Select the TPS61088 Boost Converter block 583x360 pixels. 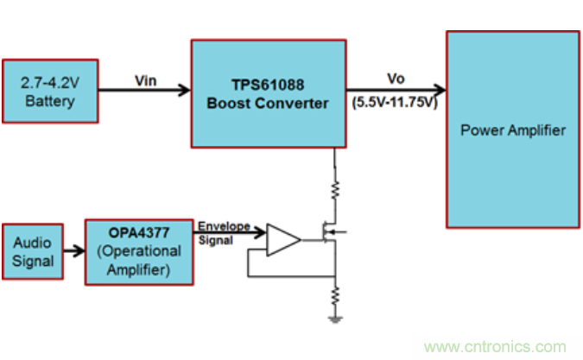click(x=268, y=93)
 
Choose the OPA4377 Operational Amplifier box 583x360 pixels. click(x=138, y=250)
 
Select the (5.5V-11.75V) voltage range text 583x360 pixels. click(x=396, y=101)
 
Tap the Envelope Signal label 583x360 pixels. click(x=224, y=233)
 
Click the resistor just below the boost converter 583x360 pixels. click(x=334, y=186)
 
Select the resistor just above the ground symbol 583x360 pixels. click(x=334, y=296)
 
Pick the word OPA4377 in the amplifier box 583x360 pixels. click(x=138, y=234)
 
